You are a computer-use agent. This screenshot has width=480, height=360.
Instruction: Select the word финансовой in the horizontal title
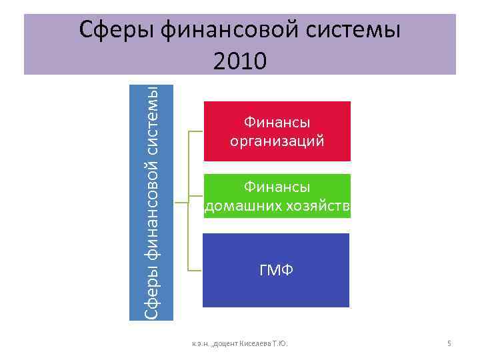227,31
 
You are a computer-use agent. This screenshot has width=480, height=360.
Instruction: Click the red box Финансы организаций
277,131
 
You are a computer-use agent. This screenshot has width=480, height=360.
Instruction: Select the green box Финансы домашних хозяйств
277,196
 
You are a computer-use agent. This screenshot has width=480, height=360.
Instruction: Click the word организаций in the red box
277,141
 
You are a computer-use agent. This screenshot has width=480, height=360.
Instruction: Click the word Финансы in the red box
277,122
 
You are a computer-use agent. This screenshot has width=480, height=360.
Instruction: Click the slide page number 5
449,343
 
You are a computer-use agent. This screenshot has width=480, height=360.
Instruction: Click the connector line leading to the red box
196,131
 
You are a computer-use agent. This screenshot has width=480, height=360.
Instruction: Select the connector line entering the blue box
195,271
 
